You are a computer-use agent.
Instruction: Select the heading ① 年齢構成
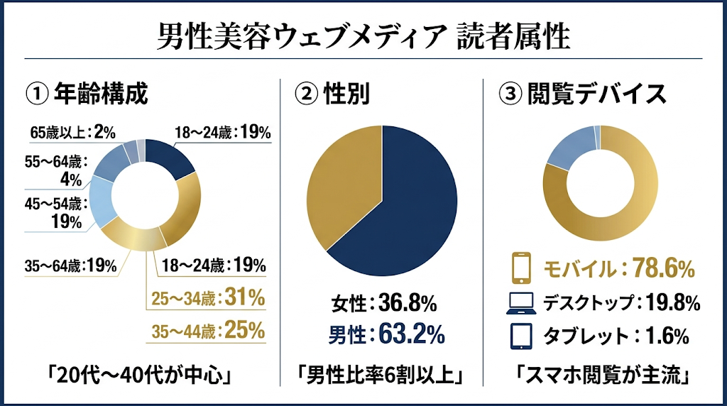[x=86, y=94]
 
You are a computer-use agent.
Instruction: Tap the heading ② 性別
[x=332, y=94]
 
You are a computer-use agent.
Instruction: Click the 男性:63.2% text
[x=383, y=332]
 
